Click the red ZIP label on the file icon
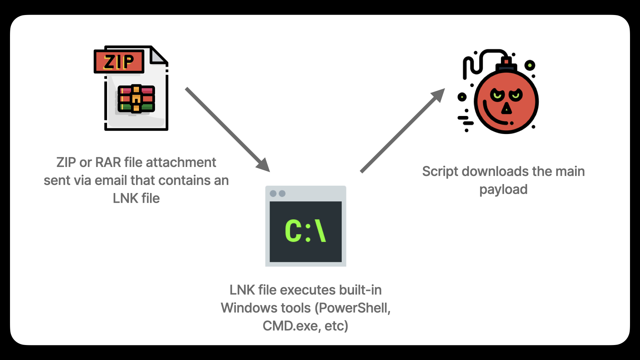119,62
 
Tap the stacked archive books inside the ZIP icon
136,98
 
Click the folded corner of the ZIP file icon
158,56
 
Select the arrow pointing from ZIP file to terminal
227,129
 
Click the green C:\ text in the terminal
305,231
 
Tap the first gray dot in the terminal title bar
273,194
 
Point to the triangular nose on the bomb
507,109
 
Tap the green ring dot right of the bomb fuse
530,65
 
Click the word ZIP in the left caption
66,163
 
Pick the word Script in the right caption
440,172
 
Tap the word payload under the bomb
503,190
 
